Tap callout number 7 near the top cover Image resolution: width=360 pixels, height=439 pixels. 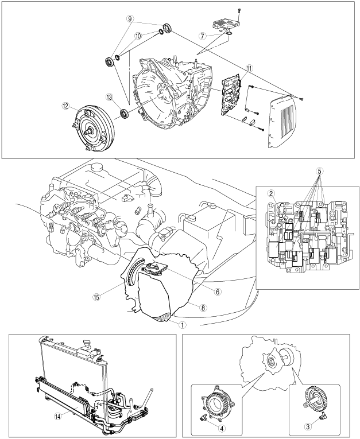point(218,36)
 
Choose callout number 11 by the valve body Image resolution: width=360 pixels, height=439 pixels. point(249,68)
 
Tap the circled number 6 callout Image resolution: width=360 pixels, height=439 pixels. point(200,291)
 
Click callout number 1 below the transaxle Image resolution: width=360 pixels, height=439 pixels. point(166,323)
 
